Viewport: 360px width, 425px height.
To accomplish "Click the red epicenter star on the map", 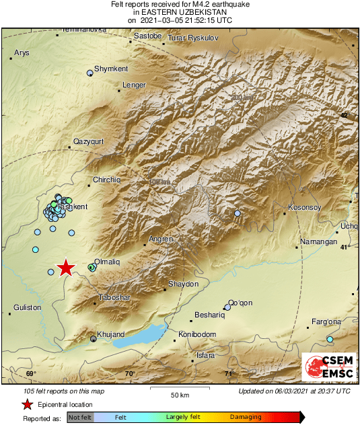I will point(65,268).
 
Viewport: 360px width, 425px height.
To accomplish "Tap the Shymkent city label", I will point(111,69).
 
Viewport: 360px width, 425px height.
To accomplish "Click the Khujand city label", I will point(110,334).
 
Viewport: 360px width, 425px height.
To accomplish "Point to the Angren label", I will point(161,239).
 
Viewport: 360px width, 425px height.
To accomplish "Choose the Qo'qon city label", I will point(240,302).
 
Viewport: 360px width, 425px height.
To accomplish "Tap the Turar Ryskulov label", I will point(193,38).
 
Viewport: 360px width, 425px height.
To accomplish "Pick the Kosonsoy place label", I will point(305,207).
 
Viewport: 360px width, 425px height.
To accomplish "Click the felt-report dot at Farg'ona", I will point(330,339).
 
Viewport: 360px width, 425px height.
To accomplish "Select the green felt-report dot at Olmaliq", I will point(92,267).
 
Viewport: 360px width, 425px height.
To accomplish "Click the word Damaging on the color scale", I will point(246,418).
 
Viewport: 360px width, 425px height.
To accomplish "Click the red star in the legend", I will point(27,404).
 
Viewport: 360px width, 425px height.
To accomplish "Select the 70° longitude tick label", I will point(130,374).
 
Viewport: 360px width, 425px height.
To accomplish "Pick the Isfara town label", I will point(205,354).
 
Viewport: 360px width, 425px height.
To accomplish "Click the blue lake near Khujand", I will point(141,335).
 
